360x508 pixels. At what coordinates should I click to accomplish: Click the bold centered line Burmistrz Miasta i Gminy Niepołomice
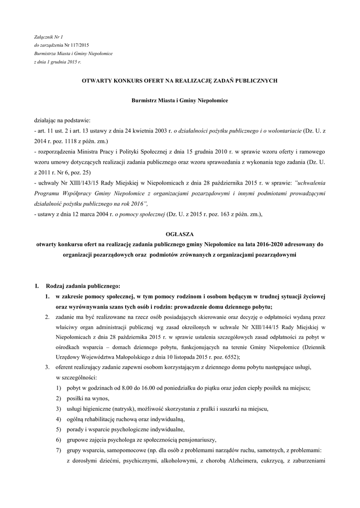tap(179, 100)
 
